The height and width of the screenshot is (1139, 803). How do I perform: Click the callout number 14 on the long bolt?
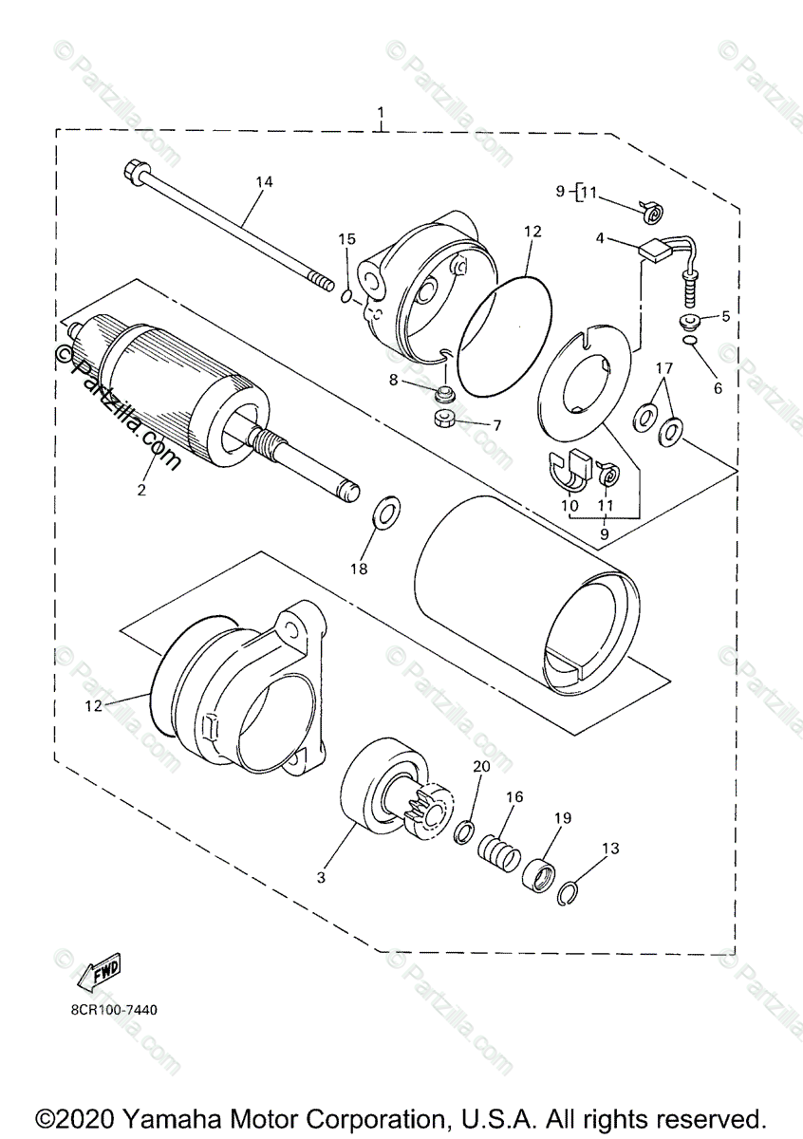pyautogui.click(x=263, y=180)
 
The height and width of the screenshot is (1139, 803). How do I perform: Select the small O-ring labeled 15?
pyautogui.click(x=347, y=297)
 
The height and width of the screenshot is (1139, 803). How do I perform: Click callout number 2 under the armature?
pyautogui.click(x=141, y=490)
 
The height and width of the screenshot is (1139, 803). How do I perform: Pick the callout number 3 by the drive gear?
pyautogui.click(x=321, y=878)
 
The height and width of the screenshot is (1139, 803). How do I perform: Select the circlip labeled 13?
pyautogui.click(x=567, y=891)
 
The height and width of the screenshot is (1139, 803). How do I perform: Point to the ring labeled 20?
pyautogui.click(x=465, y=832)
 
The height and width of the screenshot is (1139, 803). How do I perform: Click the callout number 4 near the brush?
pyautogui.click(x=600, y=239)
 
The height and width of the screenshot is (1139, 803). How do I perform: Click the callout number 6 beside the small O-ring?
pyautogui.click(x=718, y=387)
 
